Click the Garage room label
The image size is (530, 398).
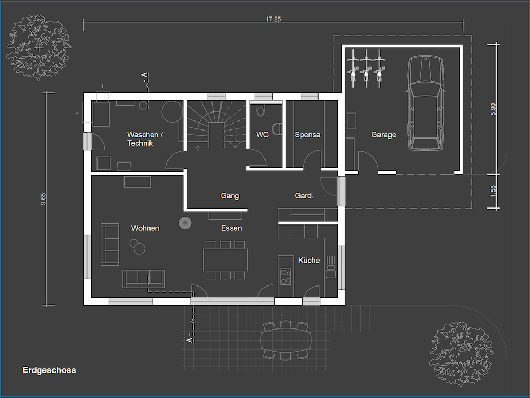(383, 135)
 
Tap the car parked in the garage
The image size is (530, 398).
(425, 103)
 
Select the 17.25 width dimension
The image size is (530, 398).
(273, 19)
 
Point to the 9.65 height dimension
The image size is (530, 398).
(43, 199)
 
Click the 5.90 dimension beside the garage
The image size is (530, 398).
(493, 109)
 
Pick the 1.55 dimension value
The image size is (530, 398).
(493, 191)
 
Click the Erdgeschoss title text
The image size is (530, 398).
(49, 370)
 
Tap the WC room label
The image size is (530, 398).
(262, 135)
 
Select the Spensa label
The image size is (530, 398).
(307, 135)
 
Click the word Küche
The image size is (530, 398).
(309, 260)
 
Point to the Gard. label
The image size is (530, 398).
(304, 196)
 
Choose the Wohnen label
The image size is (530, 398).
(145, 228)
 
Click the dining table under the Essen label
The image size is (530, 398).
(225, 260)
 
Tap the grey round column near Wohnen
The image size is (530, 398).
(185, 223)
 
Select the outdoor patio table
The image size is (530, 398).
(286, 340)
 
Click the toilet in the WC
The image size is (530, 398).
(261, 110)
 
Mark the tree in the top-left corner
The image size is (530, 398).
(39, 47)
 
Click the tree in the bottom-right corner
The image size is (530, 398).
(461, 354)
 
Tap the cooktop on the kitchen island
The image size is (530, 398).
(286, 276)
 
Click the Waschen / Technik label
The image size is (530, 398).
(145, 139)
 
